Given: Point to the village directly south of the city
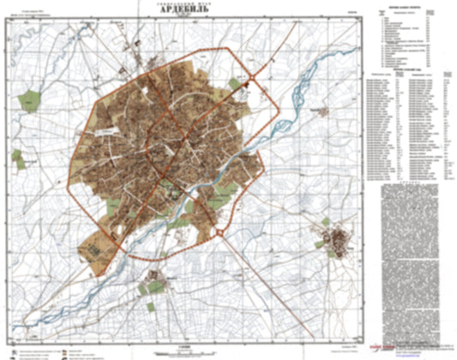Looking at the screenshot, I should tap(155, 279).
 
